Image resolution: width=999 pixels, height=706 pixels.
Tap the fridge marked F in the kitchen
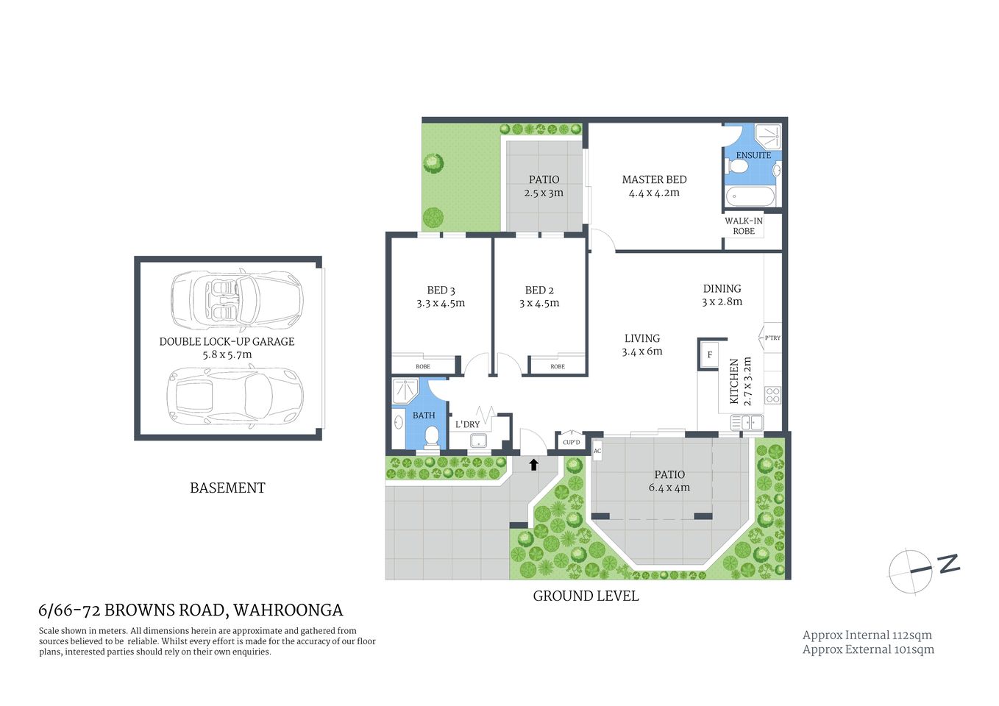click(710, 354)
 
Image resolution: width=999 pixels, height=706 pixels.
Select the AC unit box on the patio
click(597, 451)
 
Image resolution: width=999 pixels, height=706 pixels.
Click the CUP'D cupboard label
click(571, 442)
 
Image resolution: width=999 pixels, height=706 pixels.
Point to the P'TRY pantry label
click(772, 338)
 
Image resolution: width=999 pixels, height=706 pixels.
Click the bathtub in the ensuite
click(749, 197)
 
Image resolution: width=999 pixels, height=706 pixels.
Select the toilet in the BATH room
click(431, 437)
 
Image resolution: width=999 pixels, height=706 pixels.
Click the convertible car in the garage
click(236, 302)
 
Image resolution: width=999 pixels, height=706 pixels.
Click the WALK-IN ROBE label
click(744, 226)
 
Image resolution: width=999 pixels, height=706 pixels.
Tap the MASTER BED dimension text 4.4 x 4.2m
click(654, 193)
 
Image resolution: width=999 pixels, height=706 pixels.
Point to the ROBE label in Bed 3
click(423, 366)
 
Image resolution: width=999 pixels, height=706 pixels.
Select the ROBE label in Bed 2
click(558, 366)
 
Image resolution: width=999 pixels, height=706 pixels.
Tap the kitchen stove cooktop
click(772, 396)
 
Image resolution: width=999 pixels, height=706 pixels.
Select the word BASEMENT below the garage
click(227, 488)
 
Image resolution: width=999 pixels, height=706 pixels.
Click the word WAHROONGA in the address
click(288, 610)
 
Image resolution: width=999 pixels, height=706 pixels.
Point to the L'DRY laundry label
click(467, 424)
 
